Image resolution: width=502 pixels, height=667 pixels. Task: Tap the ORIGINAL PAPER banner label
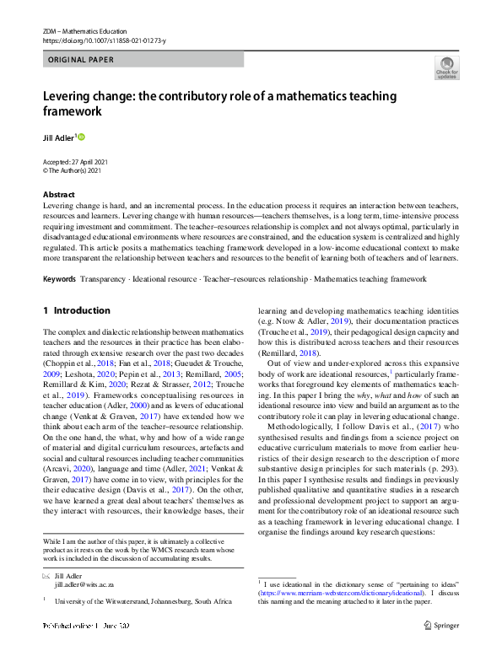point(81,60)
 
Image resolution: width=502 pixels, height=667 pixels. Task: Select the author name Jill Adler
point(59,136)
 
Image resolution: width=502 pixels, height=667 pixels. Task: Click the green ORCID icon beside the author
point(82,136)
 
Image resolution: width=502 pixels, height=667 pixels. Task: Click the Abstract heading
point(57,194)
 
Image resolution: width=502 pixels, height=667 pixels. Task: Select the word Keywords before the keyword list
point(59,279)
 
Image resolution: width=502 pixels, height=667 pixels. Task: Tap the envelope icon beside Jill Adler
point(46,574)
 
